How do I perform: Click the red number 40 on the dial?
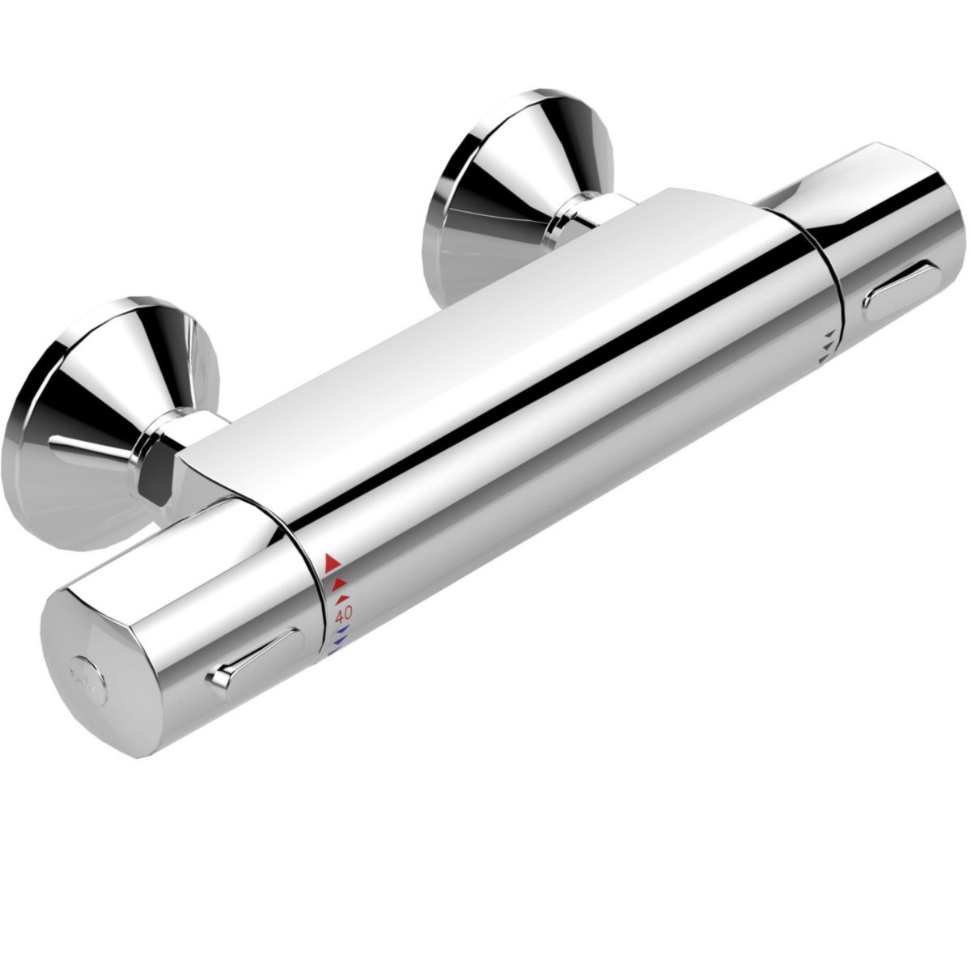pos(337,613)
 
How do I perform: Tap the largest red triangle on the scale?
pos(330,559)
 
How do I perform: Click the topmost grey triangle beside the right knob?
pos(829,332)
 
